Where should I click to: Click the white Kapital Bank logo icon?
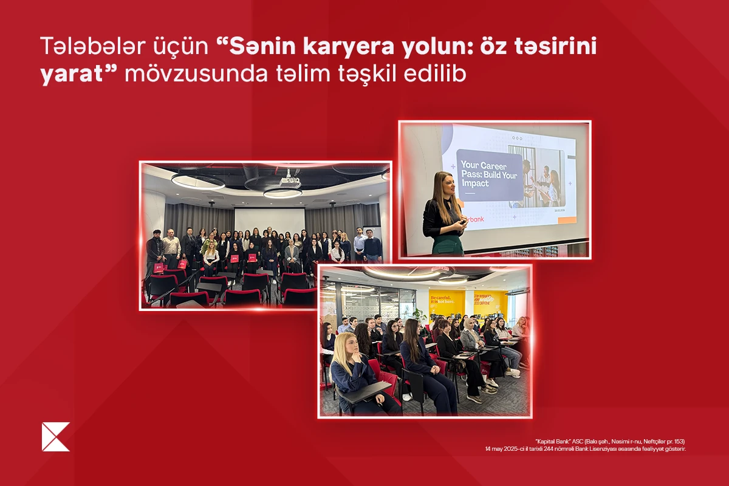pyautogui.click(x=56, y=437)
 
